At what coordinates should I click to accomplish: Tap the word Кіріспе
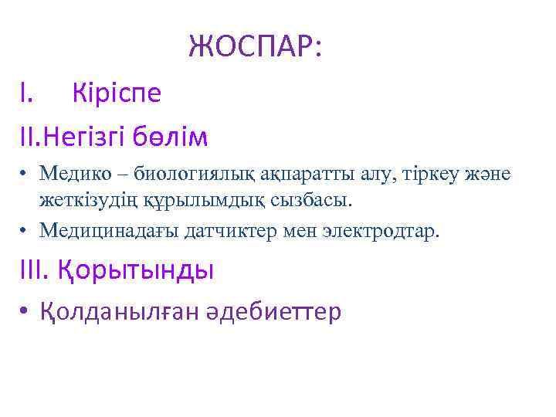click(x=117, y=93)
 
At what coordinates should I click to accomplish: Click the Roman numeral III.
click(x=36, y=270)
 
